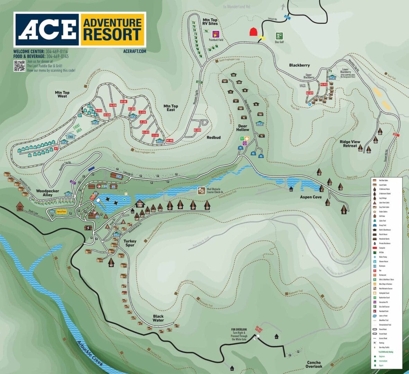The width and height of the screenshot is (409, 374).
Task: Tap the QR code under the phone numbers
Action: pyautogui.click(x=19, y=65)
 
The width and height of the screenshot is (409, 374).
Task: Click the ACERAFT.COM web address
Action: pyautogui.click(x=134, y=51)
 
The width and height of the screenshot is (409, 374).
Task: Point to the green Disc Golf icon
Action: pyautogui.click(x=279, y=36)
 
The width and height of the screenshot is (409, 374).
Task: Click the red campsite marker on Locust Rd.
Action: pyautogui.click(x=254, y=32)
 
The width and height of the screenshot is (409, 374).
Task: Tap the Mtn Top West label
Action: pyautogui.click(x=62, y=94)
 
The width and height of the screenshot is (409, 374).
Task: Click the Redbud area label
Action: pyautogui.click(x=213, y=137)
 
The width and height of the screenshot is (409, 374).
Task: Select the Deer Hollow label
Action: pyautogui.click(x=243, y=128)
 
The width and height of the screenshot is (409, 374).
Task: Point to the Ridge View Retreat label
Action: pyautogui.click(x=350, y=144)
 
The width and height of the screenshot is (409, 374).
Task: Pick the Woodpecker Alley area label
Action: pyautogui.click(x=47, y=193)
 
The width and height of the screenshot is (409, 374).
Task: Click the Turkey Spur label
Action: pyautogui.click(x=130, y=243)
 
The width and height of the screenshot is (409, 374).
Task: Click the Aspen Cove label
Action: pyautogui.click(x=311, y=197)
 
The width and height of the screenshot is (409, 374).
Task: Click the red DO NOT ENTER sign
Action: pyautogui.click(x=257, y=328)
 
